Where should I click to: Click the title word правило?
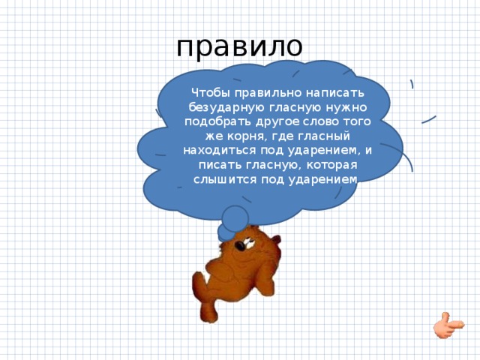239,47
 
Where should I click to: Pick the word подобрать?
217,121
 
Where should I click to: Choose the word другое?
277,122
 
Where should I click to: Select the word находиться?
220,151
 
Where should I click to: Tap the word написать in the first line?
335,93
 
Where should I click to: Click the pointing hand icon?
448,325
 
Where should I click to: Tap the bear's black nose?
239,245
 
